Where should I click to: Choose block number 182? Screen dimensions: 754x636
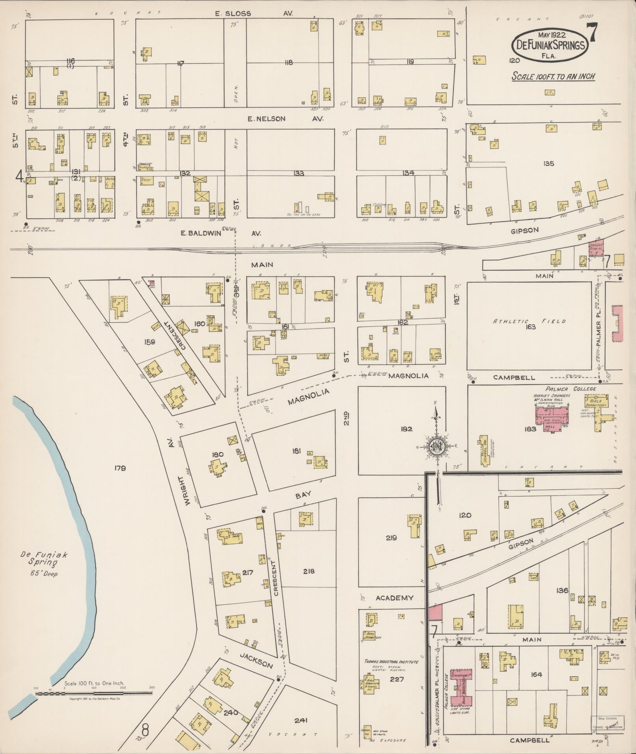point(406,429)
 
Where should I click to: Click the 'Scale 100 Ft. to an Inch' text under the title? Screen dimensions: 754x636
point(553,76)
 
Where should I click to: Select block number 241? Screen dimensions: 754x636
point(300,720)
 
